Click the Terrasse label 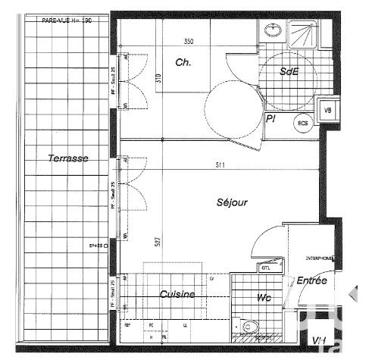(x=68, y=158)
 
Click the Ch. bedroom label (x=183, y=63)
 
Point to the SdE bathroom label (x=288, y=72)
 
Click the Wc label (x=264, y=297)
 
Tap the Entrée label (x=311, y=280)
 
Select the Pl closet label (x=270, y=118)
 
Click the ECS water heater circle (x=302, y=123)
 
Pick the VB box (x=327, y=110)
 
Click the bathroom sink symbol (x=271, y=30)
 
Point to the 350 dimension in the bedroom (x=189, y=42)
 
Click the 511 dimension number (x=220, y=164)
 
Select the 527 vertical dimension (x=157, y=243)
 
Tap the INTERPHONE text (x=319, y=258)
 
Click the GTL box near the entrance (x=267, y=268)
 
